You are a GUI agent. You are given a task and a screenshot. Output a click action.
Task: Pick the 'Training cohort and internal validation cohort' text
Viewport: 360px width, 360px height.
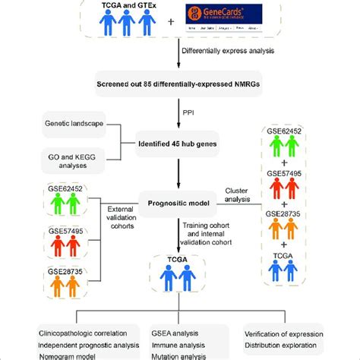217,234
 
